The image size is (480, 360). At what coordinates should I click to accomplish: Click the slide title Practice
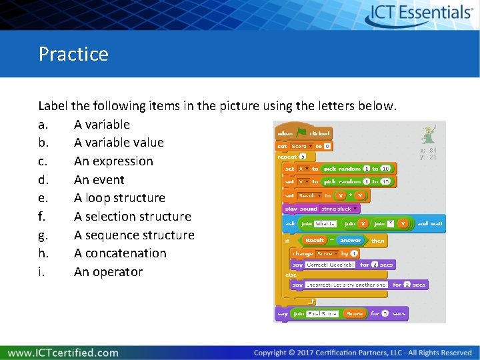pos(73,53)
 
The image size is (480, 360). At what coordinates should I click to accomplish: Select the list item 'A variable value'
pos(119,143)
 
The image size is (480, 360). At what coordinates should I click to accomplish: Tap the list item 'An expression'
pos(113,161)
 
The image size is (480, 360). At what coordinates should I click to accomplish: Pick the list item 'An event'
pos(99,180)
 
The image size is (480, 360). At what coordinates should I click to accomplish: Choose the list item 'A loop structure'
pos(119,198)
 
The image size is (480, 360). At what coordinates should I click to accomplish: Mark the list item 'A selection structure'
pos(132,217)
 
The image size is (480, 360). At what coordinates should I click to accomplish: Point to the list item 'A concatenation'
pos(120,253)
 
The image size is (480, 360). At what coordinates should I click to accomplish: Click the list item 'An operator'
pos(108,272)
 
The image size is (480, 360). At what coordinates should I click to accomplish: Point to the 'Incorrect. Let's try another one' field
pos(346,285)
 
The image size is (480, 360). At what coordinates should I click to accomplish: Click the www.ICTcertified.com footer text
pos(63,353)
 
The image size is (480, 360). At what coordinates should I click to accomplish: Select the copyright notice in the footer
pos(363,353)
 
